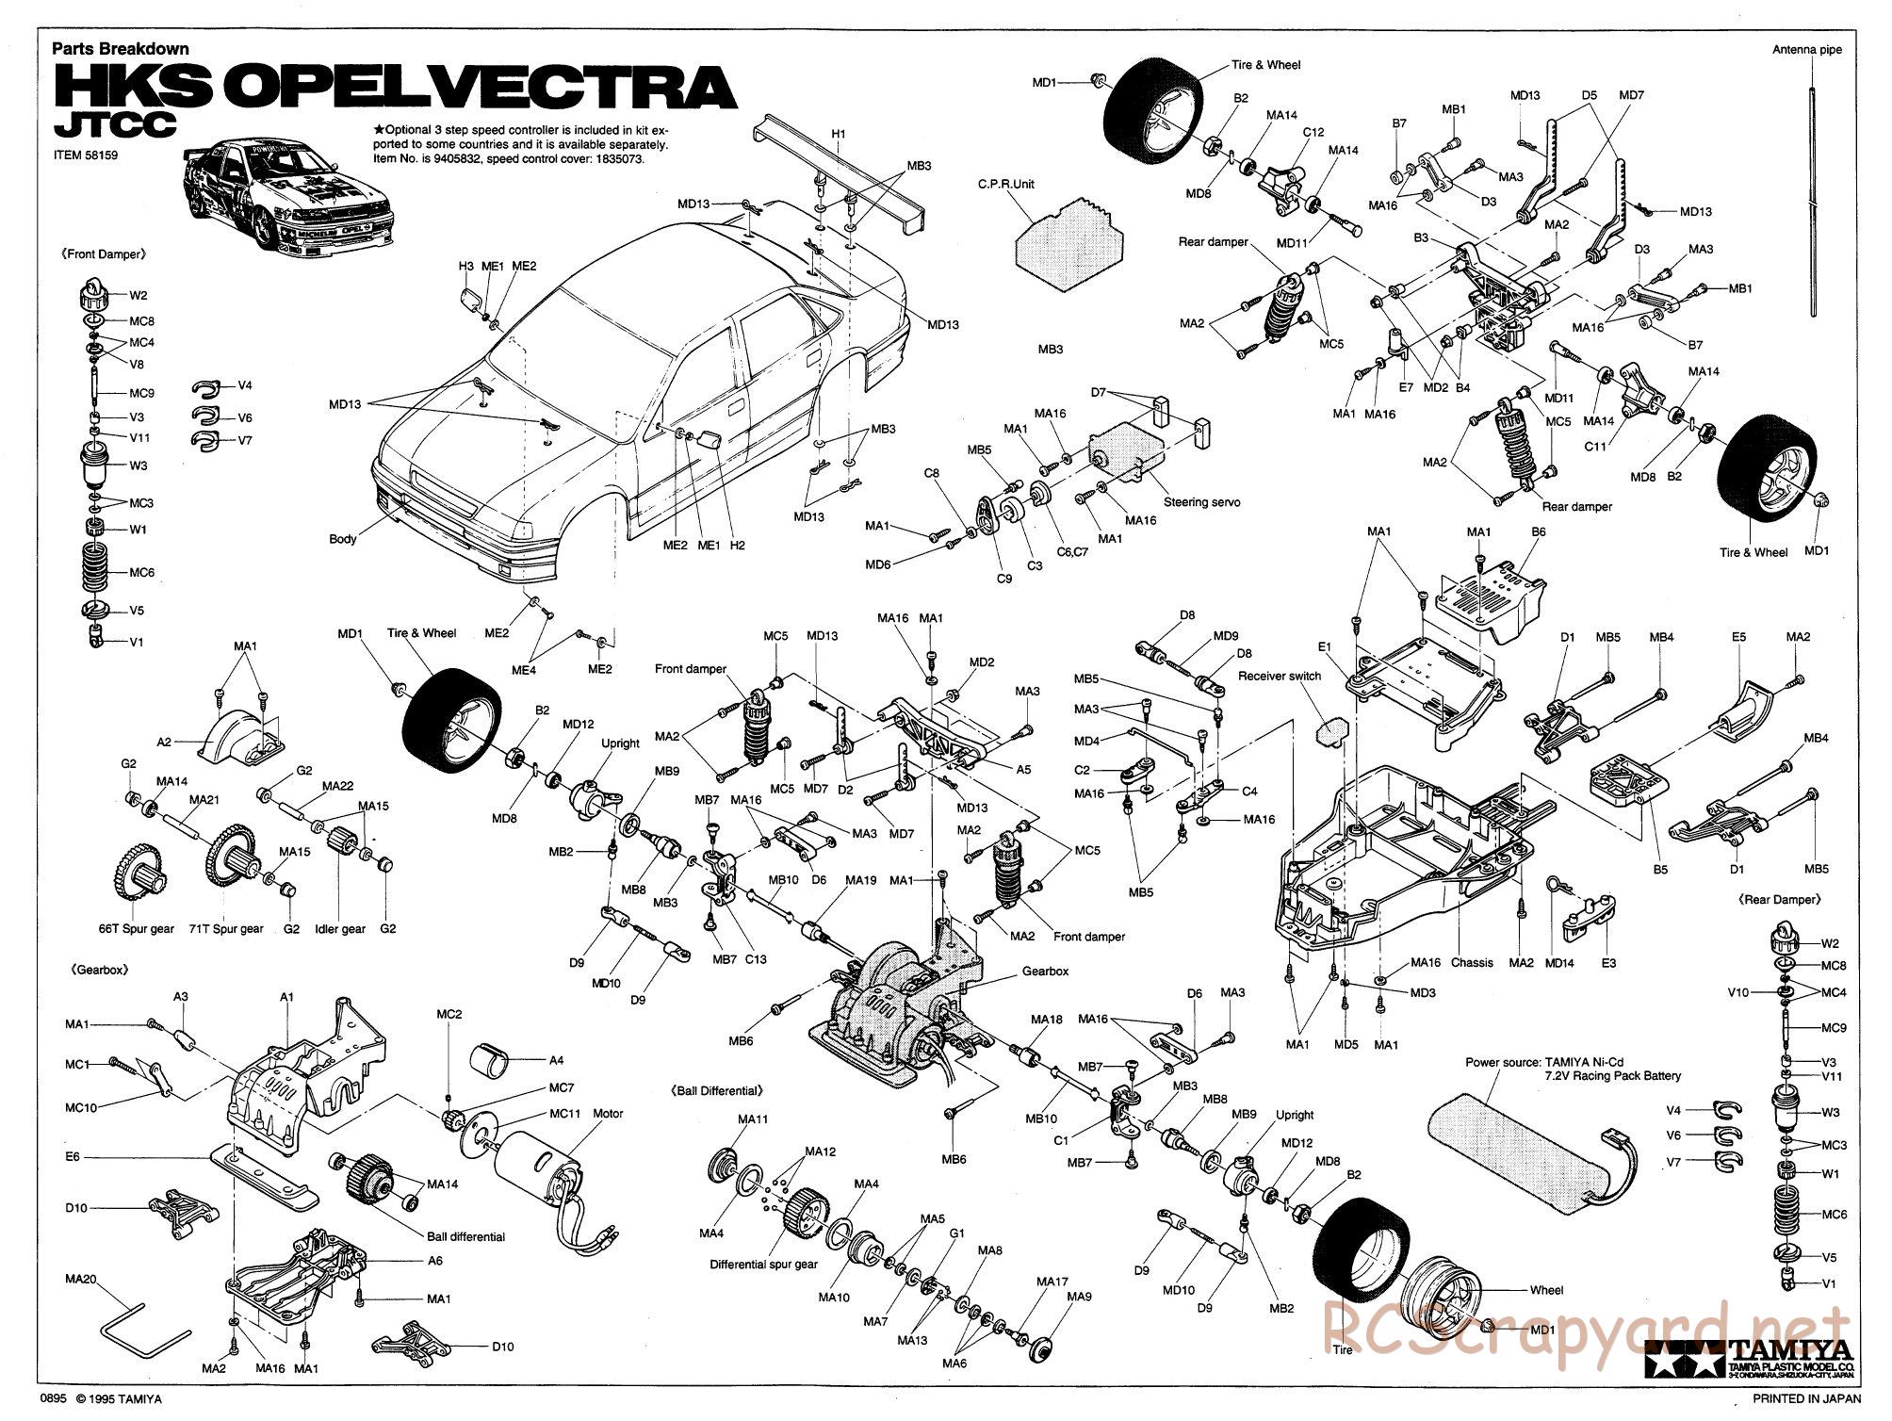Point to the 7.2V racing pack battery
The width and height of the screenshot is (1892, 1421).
click(x=1526, y=1150)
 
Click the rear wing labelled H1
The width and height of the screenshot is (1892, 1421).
click(x=839, y=170)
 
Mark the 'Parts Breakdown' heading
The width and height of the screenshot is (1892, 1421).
click(x=121, y=49)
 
